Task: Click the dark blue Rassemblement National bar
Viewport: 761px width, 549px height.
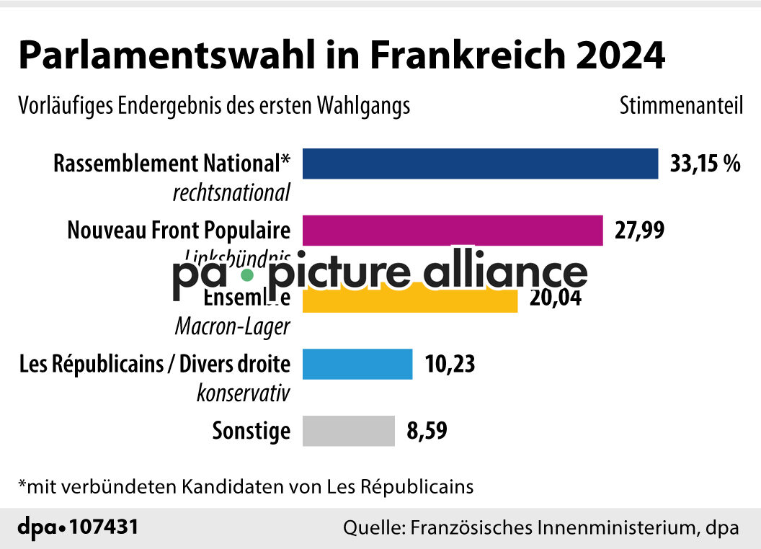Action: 480,164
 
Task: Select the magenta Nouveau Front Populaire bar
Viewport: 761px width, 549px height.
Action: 453,231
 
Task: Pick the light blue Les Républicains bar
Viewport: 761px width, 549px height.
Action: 357,364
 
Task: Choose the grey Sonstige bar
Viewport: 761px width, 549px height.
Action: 349,431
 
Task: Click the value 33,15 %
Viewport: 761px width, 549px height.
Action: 705,164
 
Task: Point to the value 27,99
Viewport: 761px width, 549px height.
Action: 639,231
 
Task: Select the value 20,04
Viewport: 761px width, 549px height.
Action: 555,297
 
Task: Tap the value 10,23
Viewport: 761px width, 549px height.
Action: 450,364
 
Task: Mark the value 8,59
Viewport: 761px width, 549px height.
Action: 427,431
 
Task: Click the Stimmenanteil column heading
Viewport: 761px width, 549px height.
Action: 681,106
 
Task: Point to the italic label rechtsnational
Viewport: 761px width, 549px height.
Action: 231,193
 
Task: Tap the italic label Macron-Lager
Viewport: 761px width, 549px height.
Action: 233,326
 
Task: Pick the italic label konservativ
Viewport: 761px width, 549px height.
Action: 244,393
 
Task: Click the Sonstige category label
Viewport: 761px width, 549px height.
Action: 252,431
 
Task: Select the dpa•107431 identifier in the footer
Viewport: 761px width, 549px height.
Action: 77,527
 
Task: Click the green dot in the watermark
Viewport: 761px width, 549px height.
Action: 247,274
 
